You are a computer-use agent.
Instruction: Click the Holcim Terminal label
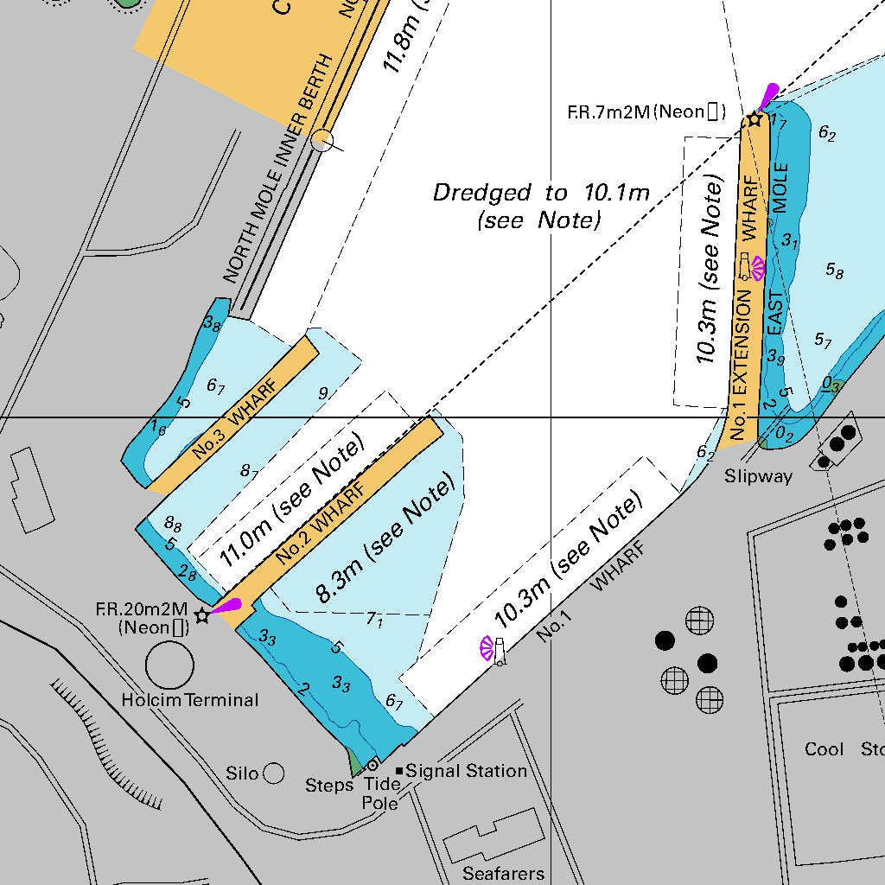coord(190,700)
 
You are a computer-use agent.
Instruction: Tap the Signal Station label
coord(466,771)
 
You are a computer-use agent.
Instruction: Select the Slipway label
coord(758,476)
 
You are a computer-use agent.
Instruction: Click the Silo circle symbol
coord(273,773)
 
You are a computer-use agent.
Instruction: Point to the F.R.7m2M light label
coord(646,111)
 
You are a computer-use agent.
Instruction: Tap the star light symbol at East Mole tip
coord(754,118)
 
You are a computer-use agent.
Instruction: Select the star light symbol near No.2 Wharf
coord(202,615)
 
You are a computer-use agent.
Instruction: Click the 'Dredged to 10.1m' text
coord(540,193)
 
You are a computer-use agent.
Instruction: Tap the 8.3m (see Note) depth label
coord(385,539)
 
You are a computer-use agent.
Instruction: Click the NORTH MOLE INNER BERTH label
coord(277,169)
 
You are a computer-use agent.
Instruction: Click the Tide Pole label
coord(380,794)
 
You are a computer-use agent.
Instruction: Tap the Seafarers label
coord(503,874)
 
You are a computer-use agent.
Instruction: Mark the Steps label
coord(328,786)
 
